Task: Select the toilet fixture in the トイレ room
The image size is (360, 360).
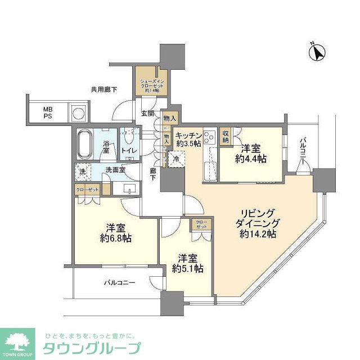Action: tap(129, 137)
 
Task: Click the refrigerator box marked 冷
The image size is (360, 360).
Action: tap(177, 160)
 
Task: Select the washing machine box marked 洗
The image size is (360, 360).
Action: tap(82, 171)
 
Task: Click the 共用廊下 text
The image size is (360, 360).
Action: tap(103, 89)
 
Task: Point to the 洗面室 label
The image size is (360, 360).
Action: tap(115, 170)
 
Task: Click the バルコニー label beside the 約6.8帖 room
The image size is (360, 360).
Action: tap(119, 282)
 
